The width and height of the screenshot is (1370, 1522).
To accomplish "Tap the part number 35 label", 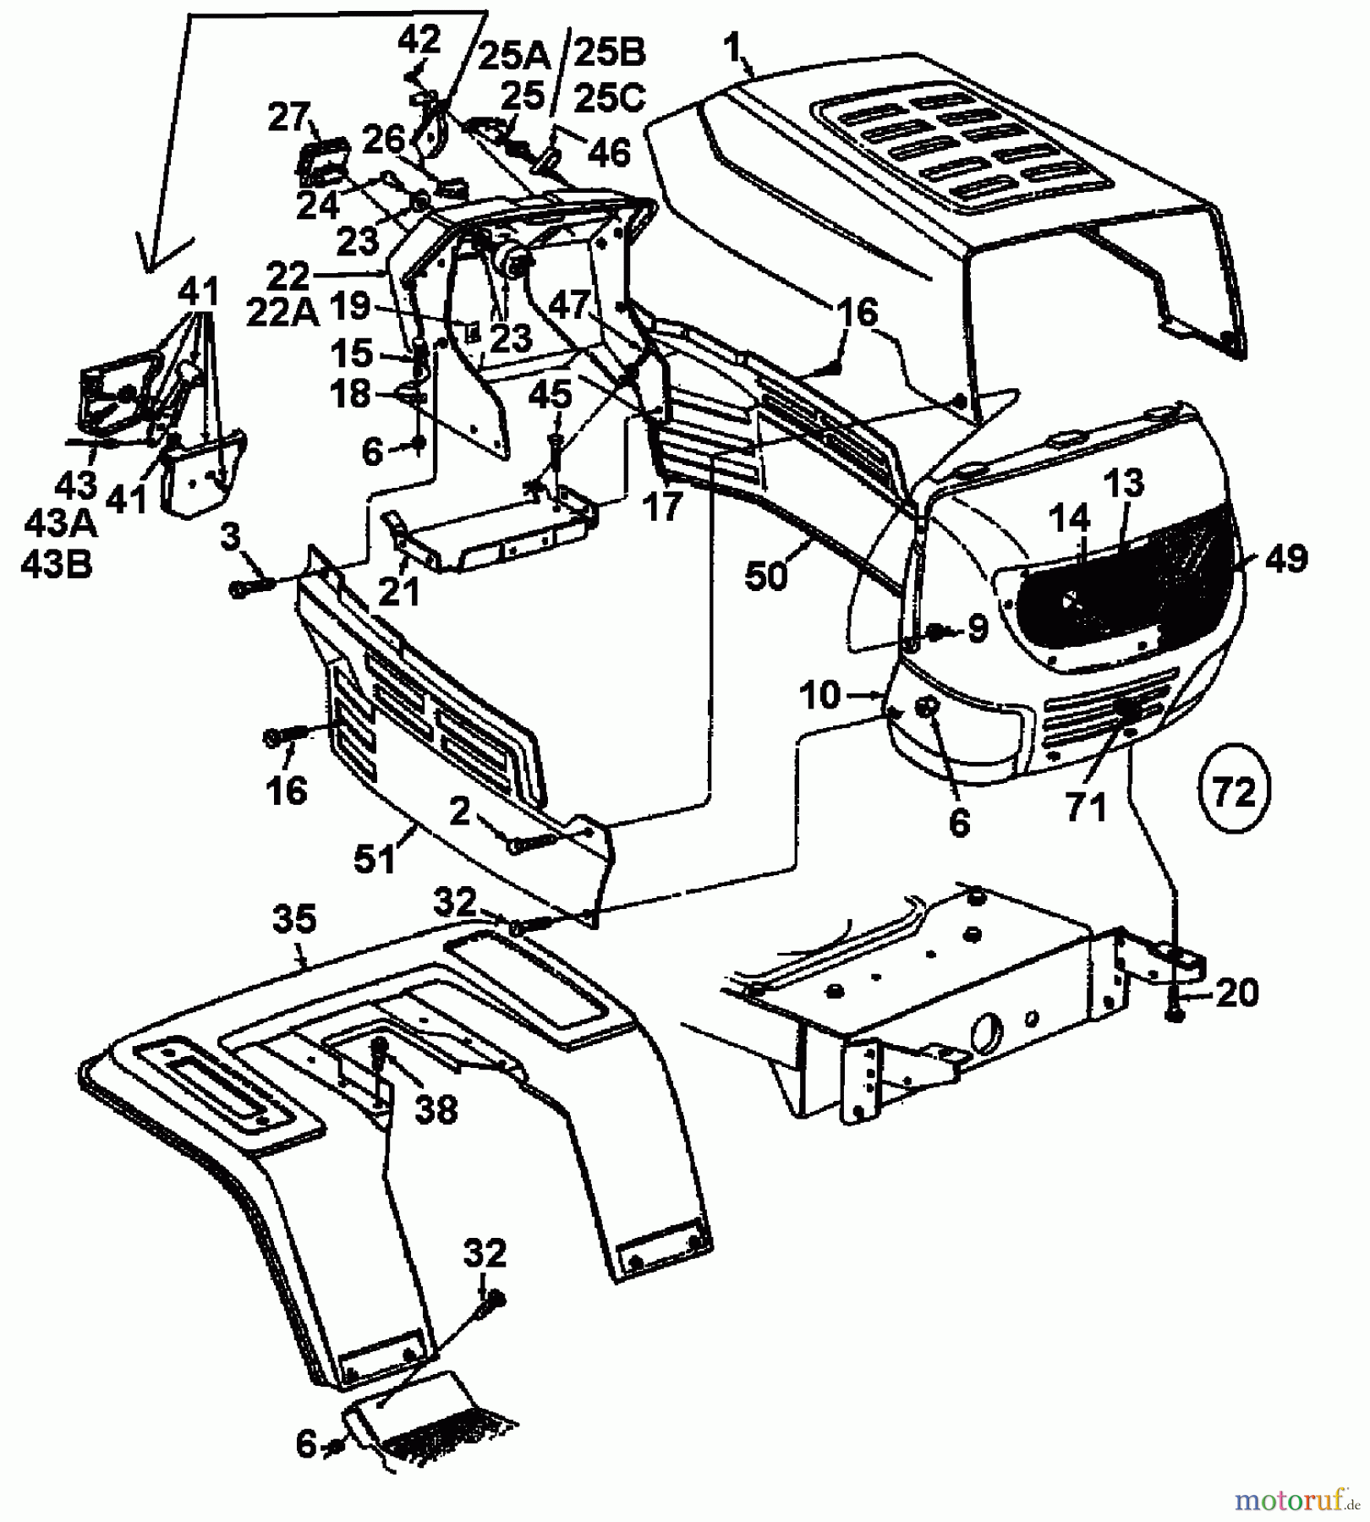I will (294, 919).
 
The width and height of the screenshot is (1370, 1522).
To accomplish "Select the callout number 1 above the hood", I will (732, 48).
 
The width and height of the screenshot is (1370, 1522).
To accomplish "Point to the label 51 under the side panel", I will (375, 859).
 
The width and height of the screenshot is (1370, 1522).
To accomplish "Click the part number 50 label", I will (766, 577).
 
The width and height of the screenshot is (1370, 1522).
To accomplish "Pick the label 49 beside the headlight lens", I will (1286, 559).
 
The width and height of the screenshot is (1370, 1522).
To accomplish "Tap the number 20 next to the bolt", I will (1236, 992).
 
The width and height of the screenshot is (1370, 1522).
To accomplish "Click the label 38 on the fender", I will (436, 1109).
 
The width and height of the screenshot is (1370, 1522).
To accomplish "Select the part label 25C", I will (610, 99).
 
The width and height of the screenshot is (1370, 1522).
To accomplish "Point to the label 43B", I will (57, 564).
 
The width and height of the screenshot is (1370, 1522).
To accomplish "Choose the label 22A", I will (282, 314).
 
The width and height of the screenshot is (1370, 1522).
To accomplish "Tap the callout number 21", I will (399, 592).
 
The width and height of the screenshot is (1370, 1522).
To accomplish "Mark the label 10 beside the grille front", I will (820, 695).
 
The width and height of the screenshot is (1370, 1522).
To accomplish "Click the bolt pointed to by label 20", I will (1175, 1010).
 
